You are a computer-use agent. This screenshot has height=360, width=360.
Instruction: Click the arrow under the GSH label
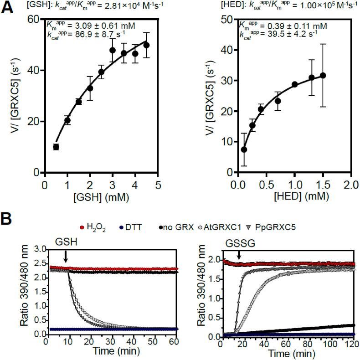pos(66,258)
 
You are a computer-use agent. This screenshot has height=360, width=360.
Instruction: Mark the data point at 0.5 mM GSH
pos(56,147)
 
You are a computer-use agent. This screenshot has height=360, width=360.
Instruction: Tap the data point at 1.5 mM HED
pos(323,76)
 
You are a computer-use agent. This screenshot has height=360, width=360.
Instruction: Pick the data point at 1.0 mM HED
pos(294,84)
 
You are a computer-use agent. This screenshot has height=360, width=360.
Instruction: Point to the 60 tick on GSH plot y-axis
pos(36,19)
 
